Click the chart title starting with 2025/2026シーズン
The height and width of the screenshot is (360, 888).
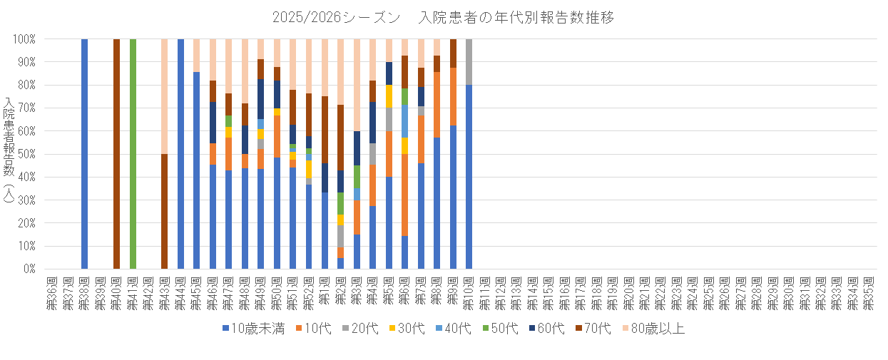(x=443, y=17)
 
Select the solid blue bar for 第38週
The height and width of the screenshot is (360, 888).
(x=84, y=153)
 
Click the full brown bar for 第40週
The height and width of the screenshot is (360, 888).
(x=116, y=153)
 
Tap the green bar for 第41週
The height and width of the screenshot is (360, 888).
(x=133, y=153)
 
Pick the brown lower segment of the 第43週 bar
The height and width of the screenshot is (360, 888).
(x=165, y=211)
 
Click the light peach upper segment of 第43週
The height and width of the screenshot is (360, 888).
(x=165, y=96)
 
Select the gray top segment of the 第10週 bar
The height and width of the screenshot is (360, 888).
(x=469, y=62)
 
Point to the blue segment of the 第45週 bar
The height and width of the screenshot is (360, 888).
(x=197, y=170)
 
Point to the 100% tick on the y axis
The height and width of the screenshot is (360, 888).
(x=26, y=39)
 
